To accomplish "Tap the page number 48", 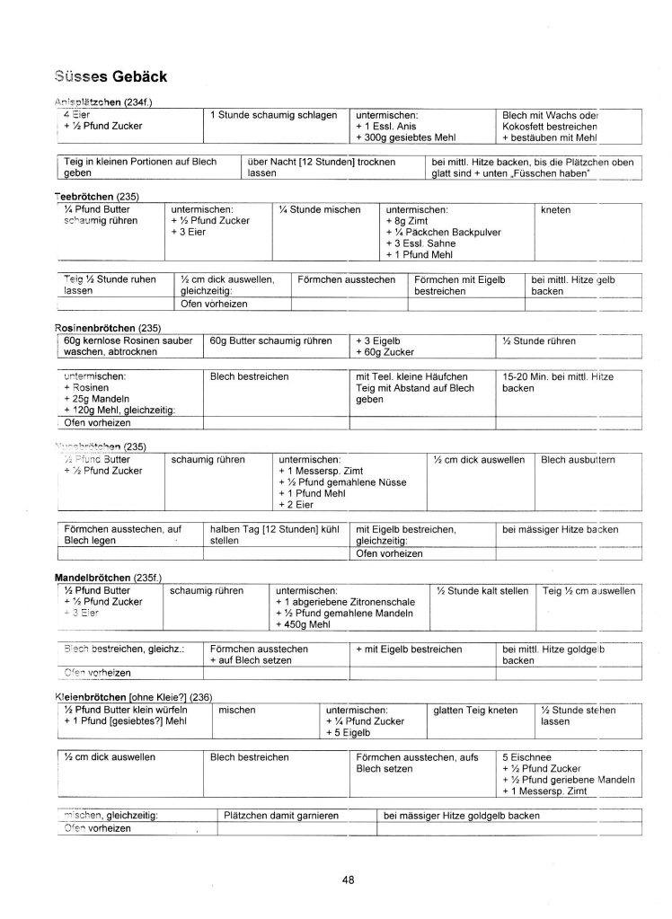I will pyautogui.click(x=349, y=879).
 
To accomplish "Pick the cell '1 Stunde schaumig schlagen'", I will pyautogui.click(x=273, y=115).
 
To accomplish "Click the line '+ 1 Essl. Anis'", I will pyautogui.click(x=387, y=127).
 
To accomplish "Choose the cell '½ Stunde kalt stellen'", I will pyautogui.click(x=482, y=590).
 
